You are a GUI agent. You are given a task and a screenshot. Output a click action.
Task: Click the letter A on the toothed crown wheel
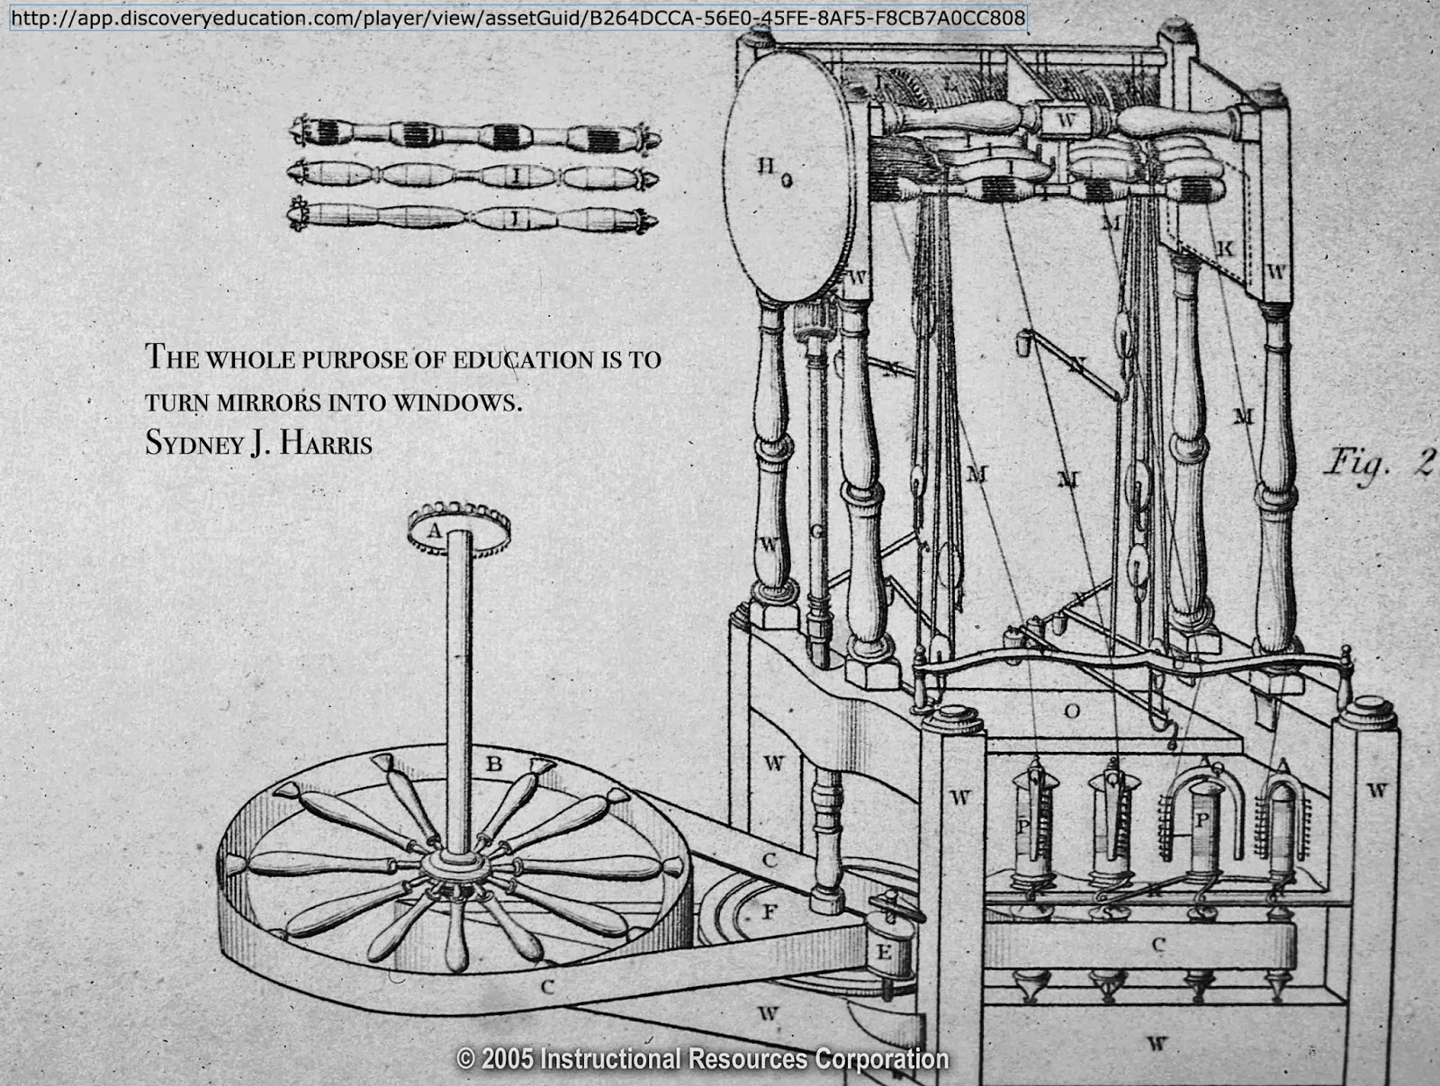point(435,531)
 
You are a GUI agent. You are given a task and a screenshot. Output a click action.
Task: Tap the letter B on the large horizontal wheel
point(494,765)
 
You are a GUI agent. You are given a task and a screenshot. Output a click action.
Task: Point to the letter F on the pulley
point(769,912)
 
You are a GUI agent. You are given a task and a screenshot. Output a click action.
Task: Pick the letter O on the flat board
point(1071,711)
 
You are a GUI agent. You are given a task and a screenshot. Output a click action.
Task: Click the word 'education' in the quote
point(523,359)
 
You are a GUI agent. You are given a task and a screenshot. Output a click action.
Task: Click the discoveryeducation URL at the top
point(517,18)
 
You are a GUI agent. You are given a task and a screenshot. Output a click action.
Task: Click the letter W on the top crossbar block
point(1066,118)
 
